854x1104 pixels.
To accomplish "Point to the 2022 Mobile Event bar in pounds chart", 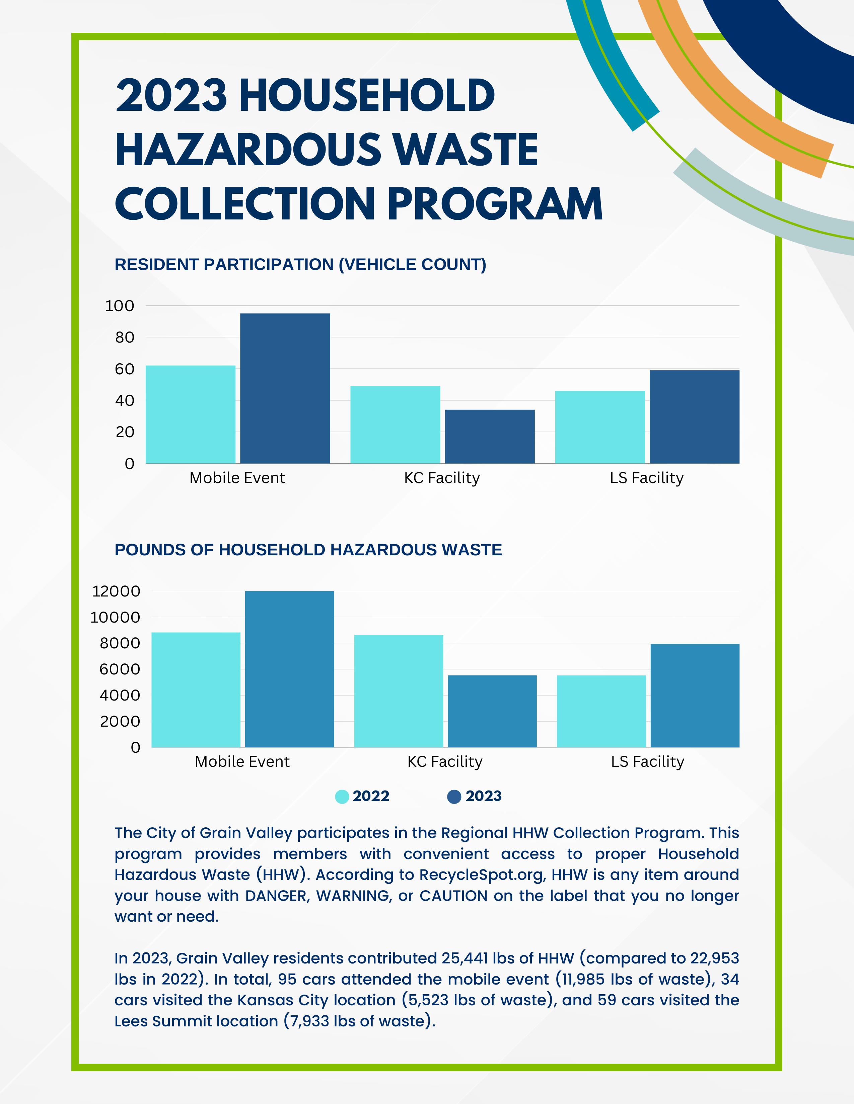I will coord(196,689).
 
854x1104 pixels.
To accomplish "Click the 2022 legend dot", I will coord(342,797).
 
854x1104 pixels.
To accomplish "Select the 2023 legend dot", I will coord(454,797).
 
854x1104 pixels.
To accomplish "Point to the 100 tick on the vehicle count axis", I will coord(120,306).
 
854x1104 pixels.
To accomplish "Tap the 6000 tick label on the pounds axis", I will coord(120,669).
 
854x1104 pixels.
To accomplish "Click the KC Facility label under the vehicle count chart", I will coord(442,478).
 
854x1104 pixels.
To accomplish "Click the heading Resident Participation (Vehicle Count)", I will coord(300,264).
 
